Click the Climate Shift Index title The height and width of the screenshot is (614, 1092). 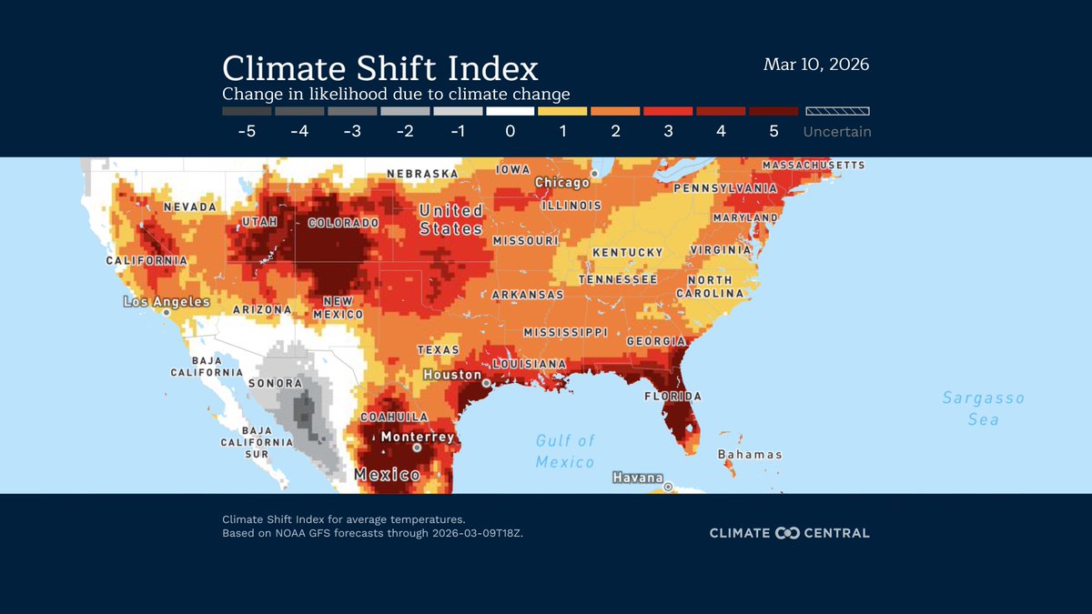coord(380,68)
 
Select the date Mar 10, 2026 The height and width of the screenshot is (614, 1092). coord(816,65)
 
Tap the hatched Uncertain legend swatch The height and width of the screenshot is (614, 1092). coord(836,111)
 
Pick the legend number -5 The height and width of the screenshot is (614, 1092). coord(246,131)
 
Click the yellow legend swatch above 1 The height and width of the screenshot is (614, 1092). coord(562,111)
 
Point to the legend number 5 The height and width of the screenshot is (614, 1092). coord(773,131)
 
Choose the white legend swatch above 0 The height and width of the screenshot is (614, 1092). coord(510,111)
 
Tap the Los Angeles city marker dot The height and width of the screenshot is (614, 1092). coord(167,312)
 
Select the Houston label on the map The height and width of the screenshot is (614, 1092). coord(452,375)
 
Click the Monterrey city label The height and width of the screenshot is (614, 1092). coord(417,437)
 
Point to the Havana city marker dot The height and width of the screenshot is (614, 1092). coord(668,487)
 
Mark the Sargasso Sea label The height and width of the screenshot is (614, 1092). coord(983,408)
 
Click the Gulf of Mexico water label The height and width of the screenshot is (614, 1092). coord(565,451)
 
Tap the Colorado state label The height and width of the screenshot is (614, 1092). coord(343,223)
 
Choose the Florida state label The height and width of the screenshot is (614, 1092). coord(672,397)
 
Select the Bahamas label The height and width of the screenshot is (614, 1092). coord(749,454)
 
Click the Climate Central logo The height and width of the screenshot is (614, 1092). coord(789,533)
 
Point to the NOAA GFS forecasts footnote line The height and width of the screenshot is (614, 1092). coord(372,533)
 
